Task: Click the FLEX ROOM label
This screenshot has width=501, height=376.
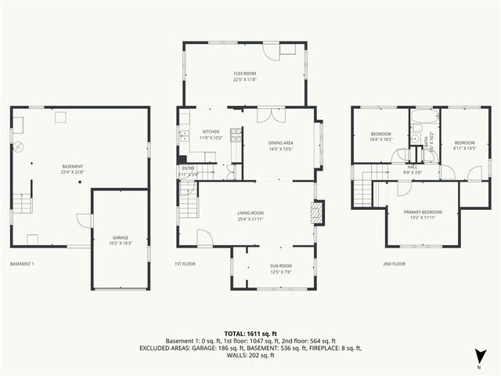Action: coord(244,73)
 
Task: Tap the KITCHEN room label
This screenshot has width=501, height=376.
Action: coord(211,132)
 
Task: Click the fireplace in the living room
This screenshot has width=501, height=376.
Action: coord(317,214)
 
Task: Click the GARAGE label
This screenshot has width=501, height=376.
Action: coord(120,237)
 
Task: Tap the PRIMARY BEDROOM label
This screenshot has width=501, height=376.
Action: coord(423,212)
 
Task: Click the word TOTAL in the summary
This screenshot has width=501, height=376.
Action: coord(235,333)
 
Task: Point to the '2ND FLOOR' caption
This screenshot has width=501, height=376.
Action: coord(394,264)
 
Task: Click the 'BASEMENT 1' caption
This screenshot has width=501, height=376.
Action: coord(22,264)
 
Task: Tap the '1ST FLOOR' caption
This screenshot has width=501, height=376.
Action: coord(184,264)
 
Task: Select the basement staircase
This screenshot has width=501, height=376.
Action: coord(23,206)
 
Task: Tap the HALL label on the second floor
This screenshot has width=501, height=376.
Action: coord(412,166)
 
